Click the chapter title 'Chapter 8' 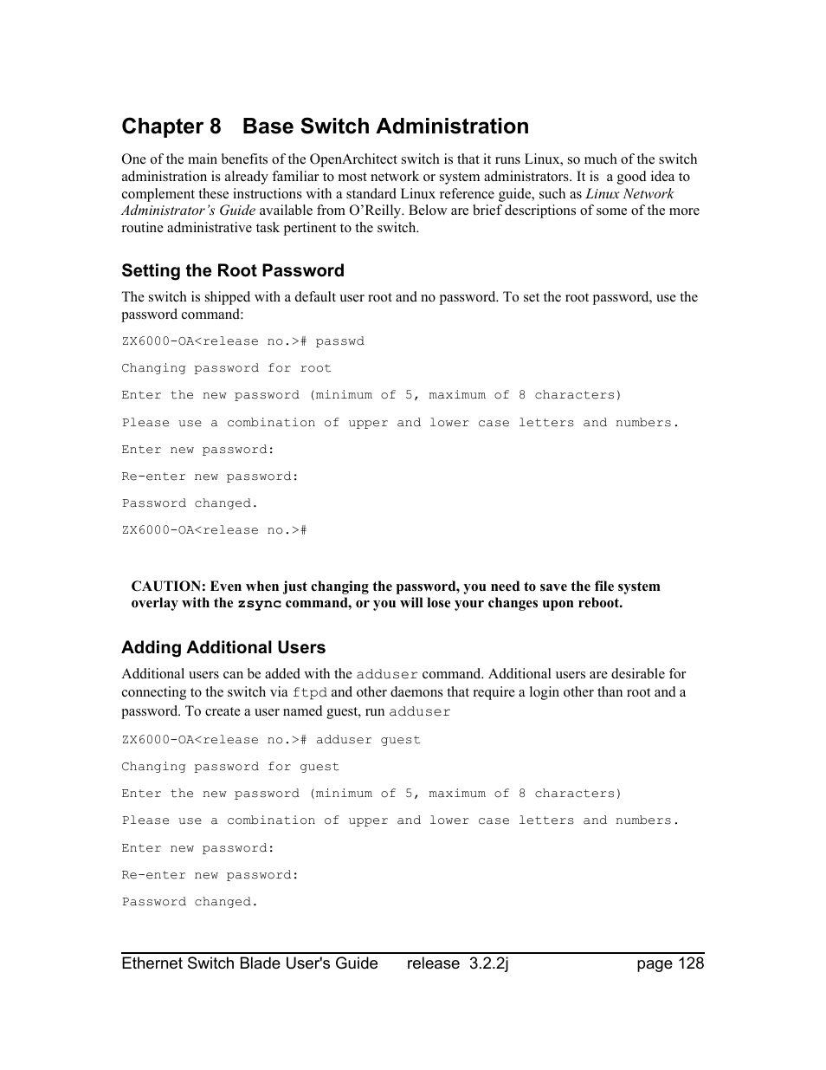click(171, 126)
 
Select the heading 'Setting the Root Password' click(232, 270)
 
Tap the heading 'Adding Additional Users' click(223, 647)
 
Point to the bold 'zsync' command click(259, 604)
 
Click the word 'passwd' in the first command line click(339, 341)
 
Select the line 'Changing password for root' click(226, 368)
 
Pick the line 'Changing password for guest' click(230, 767)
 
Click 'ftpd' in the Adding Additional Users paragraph click(309, 692)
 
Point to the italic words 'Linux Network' click(629, 194)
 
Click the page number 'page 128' click(670, 963)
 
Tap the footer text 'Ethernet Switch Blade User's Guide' click(249, 963)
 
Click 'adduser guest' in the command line click(368, 740)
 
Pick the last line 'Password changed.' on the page click(190, 902)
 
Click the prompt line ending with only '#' click(214, 530)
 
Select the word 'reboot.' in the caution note click(598, 603)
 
